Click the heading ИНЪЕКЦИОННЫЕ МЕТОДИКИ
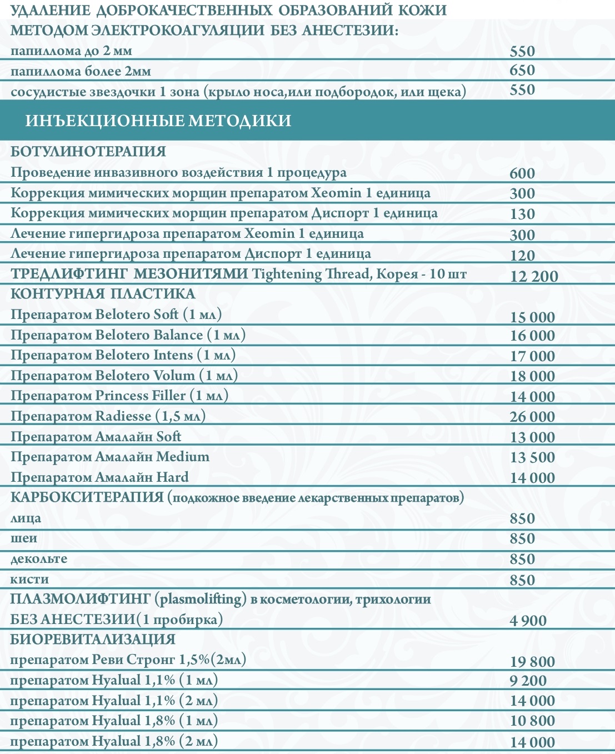[x=158, y=121]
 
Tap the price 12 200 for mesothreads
[x=533, y=276]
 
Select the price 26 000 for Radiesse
[x=532, y=417]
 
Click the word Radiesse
[x=123, y=416]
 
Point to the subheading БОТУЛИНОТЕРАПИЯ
[x=88, y=152]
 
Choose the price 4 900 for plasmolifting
[x=528, y=621]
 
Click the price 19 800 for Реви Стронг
[x=532, y=661]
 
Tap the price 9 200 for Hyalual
[x=528, y=681]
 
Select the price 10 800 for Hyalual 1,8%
[x=532, y=721]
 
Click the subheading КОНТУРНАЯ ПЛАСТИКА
[x=103, y=294]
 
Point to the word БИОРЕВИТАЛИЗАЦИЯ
[x=93, y=640]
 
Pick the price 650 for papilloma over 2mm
[x=522, y=71]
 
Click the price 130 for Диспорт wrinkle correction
[x=522, y=214]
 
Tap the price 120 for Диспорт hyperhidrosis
[x=522, y=255]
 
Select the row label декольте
[x=39, y=559]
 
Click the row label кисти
[x=29, y=580]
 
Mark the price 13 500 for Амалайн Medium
[x=532, y=457]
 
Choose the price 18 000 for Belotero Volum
[x=532, y=376]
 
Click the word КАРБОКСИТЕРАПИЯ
[x=87, y=497]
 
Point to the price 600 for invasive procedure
[x=522, y=173]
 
